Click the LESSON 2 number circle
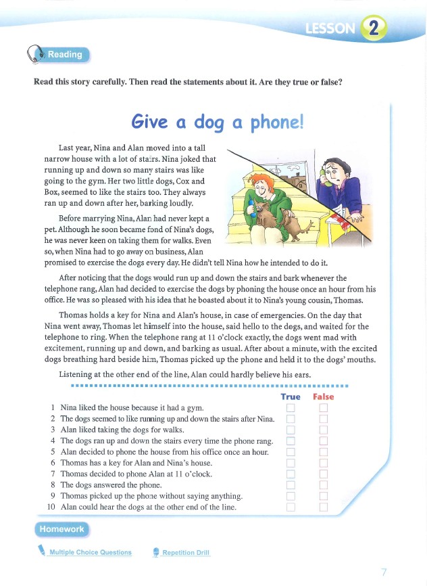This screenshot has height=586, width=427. click(374, 27)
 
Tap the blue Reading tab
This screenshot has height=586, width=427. click(64, 55)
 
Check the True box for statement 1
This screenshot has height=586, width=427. click(291, 407)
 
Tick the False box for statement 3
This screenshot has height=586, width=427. click(323, 430)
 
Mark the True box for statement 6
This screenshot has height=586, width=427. click(291, 462)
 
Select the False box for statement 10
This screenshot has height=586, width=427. click(323, 506)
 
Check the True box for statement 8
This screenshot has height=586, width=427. click(291, 484)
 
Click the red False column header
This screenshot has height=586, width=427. click(324, 397)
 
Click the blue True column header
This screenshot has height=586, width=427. click(291, 397)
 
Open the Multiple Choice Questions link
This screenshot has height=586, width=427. click(91, 552)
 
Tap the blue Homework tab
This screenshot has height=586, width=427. click(61, 529)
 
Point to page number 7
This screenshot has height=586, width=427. click(384, 572)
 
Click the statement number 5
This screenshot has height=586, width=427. click(52, 451)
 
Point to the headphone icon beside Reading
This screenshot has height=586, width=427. click(34, 55)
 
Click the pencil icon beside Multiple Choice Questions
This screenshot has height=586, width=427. click(42, 551)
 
